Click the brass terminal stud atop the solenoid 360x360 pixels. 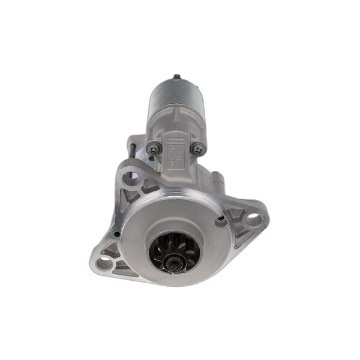click(177, 77)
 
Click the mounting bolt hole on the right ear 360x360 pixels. click(253, 220)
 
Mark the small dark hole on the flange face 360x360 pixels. click(220, 220)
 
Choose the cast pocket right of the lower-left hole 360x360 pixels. click(122, 265)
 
